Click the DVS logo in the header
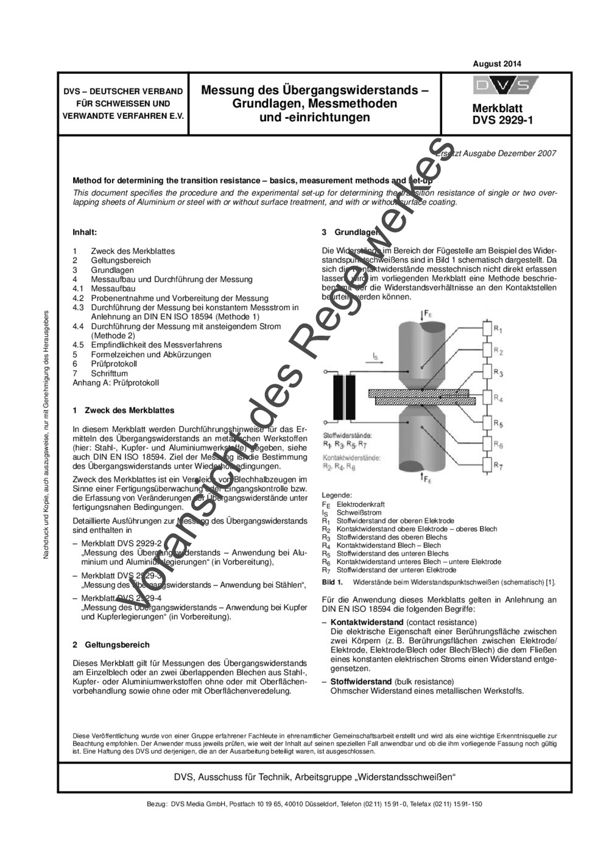point(505,86)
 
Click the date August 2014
point(496,64)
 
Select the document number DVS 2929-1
point(502,120)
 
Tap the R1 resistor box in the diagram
point(486,330)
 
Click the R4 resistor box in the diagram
point(486,398)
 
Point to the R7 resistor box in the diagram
point(486,466)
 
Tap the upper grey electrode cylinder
point(423,353)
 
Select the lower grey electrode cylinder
point(423,442)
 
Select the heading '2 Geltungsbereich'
point(111,645)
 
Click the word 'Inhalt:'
point(85,232)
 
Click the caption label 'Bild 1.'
point(332,582)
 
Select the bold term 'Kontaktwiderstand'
point(367,622)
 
